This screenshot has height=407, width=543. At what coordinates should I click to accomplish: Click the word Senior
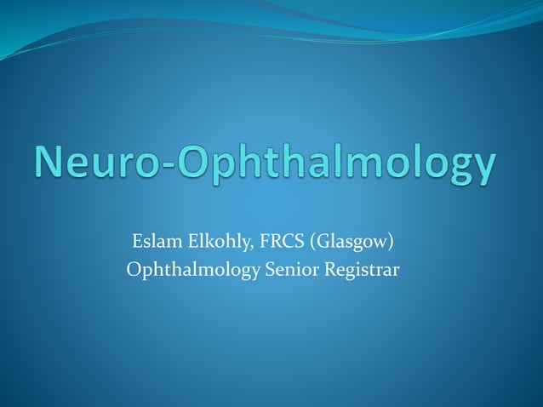285,271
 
